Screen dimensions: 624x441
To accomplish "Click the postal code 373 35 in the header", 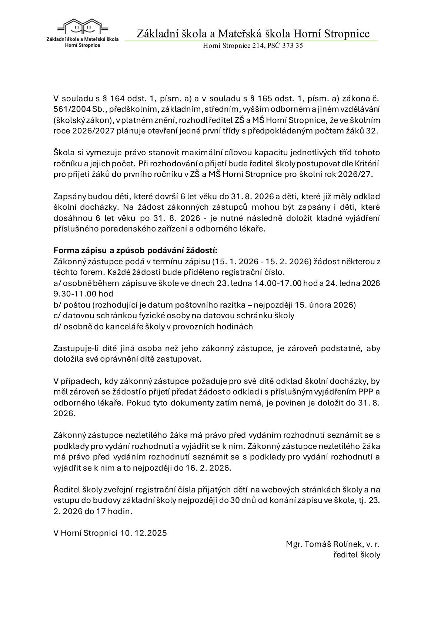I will click(x=293, y=46).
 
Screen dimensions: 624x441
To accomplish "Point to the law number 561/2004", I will click(x=69, y=110).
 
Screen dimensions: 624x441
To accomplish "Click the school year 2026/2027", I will click(x=88, y=131).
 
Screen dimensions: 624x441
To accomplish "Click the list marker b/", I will click(x=57, y=305).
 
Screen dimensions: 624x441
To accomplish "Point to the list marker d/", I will click(x=57, y=326).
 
